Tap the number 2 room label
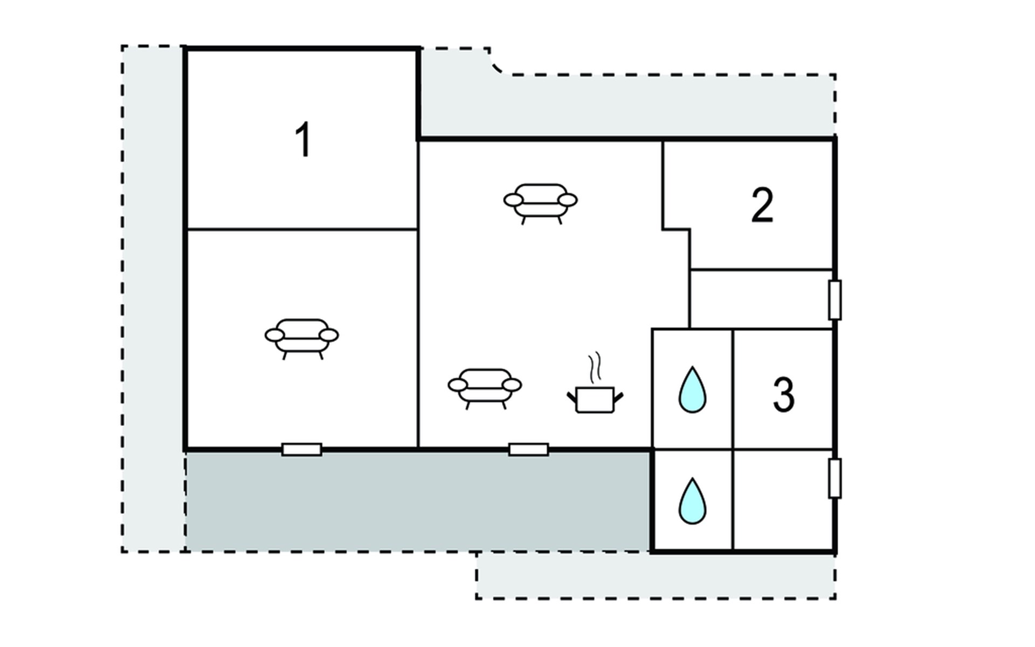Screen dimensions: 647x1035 pos(762,205)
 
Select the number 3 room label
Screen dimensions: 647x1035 pos(783,395)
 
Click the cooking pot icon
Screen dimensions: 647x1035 pos(595,399)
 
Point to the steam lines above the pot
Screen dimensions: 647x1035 pos(595,367)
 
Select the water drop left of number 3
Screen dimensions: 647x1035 pos(692,390)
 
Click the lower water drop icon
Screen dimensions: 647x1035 pos(692,501)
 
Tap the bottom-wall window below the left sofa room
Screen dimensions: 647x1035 pos(302,449)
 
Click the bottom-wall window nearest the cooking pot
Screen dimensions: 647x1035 pos(529,449)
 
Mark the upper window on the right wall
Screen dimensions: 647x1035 pos(834,300)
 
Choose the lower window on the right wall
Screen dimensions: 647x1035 pos(834,478)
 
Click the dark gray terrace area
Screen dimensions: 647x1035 pos(418,501)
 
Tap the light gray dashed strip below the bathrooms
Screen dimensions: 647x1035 pos(655,576)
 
